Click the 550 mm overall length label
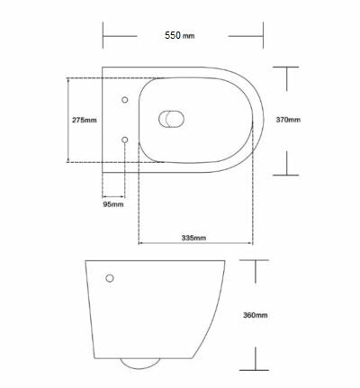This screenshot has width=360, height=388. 180,37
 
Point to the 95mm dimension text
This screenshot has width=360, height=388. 112,205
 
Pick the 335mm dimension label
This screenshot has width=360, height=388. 193,238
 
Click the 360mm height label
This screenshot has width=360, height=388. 256,315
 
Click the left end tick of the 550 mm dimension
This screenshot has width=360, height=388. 103,37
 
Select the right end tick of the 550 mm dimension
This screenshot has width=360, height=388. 263,37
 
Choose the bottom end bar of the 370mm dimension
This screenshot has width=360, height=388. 287,174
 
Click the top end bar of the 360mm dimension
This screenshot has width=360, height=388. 257,260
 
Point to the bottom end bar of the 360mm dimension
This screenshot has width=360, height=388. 257,370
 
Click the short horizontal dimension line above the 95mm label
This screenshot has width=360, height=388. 112,194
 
